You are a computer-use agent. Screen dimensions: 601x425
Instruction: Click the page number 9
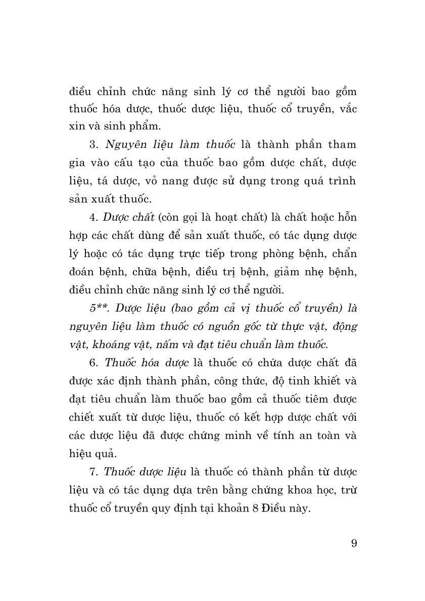coord(353,543)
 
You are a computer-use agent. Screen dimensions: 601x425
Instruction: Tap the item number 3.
coord(93,144)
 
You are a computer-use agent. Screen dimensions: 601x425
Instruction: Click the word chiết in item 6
coord(82,418)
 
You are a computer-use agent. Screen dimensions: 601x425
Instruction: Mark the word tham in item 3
coord(343,144)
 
